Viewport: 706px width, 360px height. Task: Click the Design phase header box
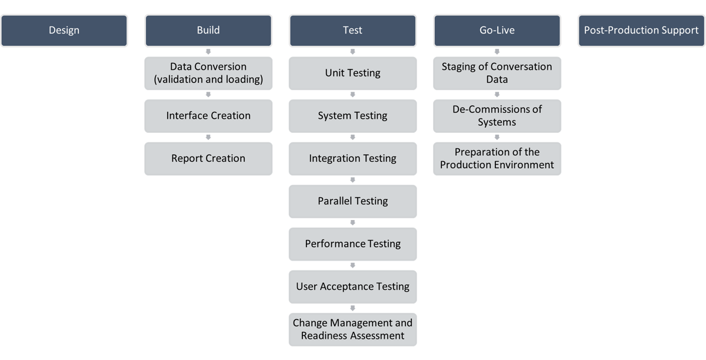pyautogui.click(x=64, y=31)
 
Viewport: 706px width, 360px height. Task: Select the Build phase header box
pyautogui.click(x=208, y=31)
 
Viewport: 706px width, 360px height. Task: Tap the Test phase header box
pyautogui.click(x=352, y=31)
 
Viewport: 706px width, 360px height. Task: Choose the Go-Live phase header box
pyautogui.click(x=497, y=31)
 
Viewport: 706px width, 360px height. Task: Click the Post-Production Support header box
pyautogui.click(x=641, y=31)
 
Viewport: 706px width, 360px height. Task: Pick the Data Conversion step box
pyautogui.click(x=208, y=73)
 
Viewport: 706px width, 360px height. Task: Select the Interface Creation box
pyautogui.click(x=208, y=116)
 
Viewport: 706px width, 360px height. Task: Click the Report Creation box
pyautogui.click(x=208, y=158)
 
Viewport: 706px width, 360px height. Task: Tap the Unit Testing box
pyautogui.click(x=352, y=73)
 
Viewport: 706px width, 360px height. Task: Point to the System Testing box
pyautogui.click(x=352, y=116)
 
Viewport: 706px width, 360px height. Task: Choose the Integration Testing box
pyautogui.click(x=352, y=158)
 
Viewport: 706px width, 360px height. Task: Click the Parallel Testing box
pyautogui.click(x=352, y=201)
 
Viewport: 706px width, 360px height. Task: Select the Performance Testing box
pyautogui.click(x=352, y=244)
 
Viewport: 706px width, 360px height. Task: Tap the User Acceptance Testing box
pyautogui.click(x=352, y=286)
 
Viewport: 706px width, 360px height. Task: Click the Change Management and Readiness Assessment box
pyautogui.click(x=352, y=329)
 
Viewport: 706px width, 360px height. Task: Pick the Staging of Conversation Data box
pyautogui.click(x=497, y=73)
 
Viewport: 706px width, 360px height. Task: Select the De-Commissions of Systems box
pyautogui.click(x=497, y=116)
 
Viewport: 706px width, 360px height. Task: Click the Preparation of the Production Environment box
pyautogui.click(x=497, y=158)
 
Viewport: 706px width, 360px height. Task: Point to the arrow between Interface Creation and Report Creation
pyautogui.click(x=208, y=137)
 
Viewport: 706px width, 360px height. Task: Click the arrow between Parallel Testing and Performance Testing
pyautogui.click(x=352, y=222)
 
